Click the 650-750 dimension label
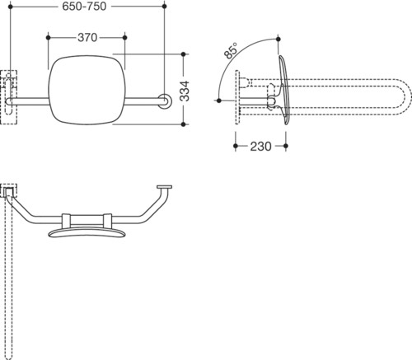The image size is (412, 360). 84,7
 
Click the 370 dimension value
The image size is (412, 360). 87,38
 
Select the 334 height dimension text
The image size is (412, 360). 185,91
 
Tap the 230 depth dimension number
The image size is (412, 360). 260,147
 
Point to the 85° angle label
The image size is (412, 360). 231,51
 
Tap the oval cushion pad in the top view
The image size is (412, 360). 87,233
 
